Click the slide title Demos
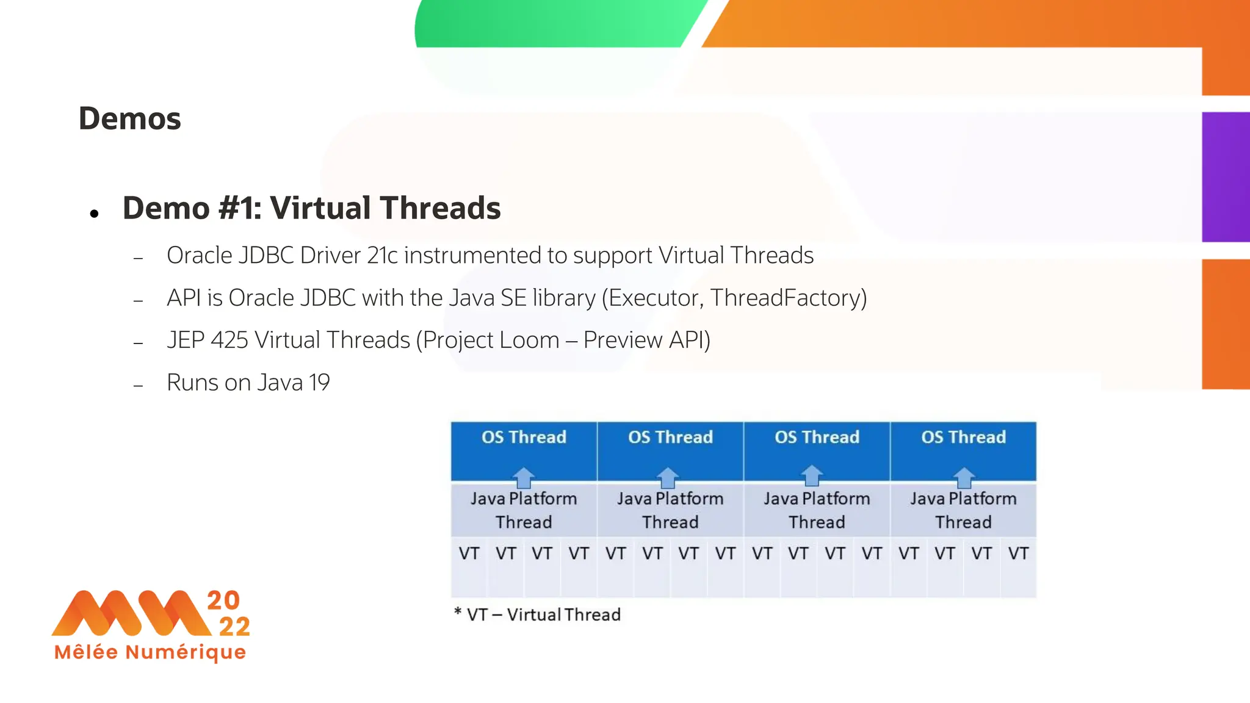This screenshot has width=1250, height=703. [129, 118]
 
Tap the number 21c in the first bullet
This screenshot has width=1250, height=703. [383, 255]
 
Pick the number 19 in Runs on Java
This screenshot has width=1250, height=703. [319, 383]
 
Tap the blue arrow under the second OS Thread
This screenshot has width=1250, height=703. [668, 477]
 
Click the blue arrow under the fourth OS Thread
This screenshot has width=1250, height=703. [963, 477]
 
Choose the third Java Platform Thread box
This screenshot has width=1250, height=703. [817, 510]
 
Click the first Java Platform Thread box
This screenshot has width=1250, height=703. [524, 510]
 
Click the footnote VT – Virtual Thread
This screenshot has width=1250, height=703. [543, 615]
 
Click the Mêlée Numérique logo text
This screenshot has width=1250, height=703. [150, 652]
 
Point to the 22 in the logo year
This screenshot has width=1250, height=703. [234, 627]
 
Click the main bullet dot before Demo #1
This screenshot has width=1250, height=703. [94, 214]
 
